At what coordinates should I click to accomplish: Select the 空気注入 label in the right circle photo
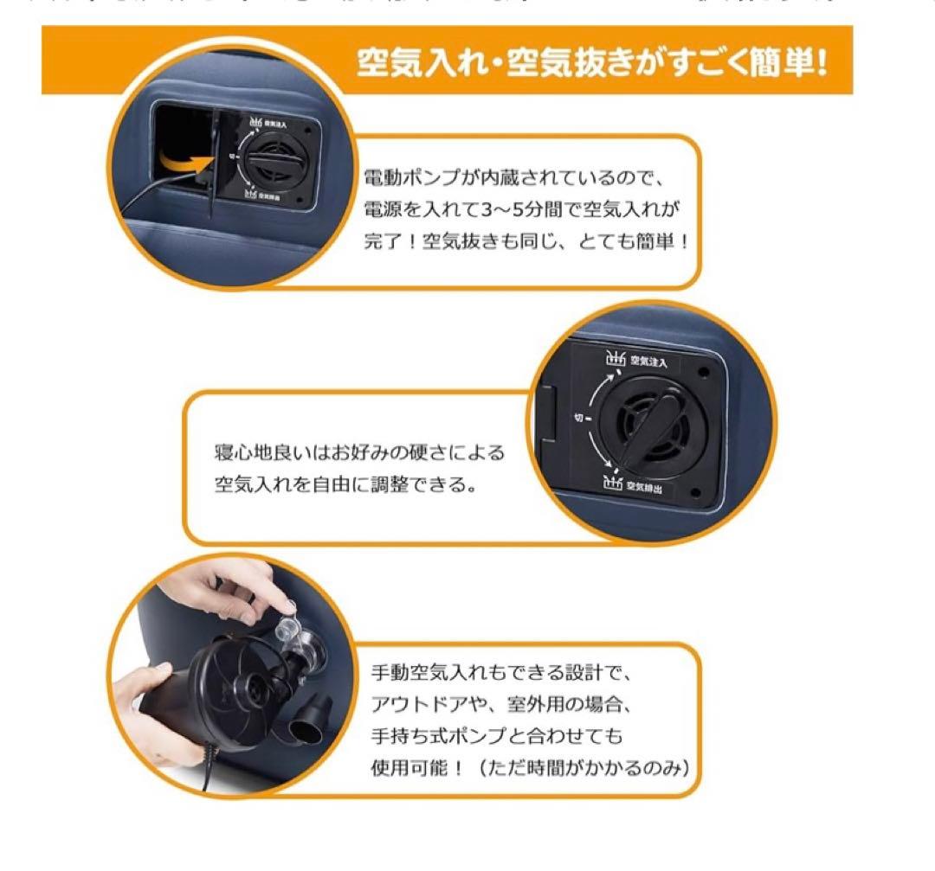pos(648,360)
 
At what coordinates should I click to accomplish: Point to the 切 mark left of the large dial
pos(578,419)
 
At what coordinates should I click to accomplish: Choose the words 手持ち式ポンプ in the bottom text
pos(433,736)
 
